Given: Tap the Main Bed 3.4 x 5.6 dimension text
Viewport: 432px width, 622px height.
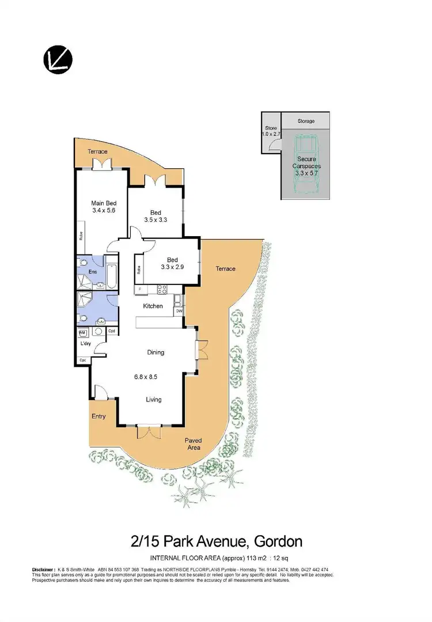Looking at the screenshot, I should click(104, 211).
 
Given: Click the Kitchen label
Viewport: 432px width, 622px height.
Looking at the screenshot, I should click(153, 306).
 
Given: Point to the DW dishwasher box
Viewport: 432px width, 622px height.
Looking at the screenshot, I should click(179, 311).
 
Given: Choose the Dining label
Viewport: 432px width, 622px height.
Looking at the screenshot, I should click(155, 352).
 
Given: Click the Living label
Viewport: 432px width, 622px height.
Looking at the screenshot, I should click(153, 400).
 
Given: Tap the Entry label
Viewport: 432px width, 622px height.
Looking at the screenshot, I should click(98, 416).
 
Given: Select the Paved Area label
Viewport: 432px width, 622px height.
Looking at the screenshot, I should click(192, 443).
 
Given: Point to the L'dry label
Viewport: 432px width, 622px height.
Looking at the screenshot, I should click(86, 344).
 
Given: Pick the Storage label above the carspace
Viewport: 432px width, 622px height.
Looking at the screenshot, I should click(306, 122).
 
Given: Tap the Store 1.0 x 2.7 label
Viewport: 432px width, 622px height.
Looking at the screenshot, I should click(271, 131).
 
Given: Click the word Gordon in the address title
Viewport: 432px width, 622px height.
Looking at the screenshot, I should click(275, 542).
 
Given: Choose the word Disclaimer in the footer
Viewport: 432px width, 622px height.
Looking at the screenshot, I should click(43, 570).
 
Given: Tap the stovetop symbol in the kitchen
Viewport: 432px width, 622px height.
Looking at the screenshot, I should click(162, 290).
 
